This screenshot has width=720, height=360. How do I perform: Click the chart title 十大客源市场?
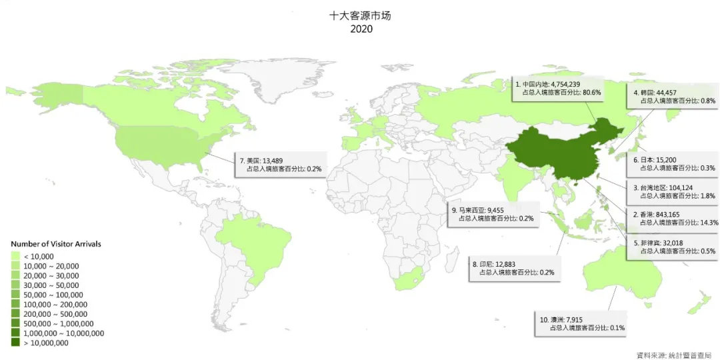(x=360, y=15)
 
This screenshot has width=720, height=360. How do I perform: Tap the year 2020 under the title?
(x=360, y=29)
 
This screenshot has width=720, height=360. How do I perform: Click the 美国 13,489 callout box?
(x=280, y=165)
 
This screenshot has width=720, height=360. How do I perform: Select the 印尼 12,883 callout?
(x=513, y=268)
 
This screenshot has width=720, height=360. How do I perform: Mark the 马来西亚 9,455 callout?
(x=493, y=213)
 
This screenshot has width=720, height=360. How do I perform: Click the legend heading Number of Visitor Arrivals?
(x=56, y=245)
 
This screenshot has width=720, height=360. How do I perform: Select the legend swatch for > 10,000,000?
(x=15, y=343)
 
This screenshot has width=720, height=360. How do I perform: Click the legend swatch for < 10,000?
(x=15, y=257)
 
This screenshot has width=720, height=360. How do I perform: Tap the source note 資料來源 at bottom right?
(x=673, y=354)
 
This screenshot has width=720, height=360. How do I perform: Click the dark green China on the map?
(x=553, y=157)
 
